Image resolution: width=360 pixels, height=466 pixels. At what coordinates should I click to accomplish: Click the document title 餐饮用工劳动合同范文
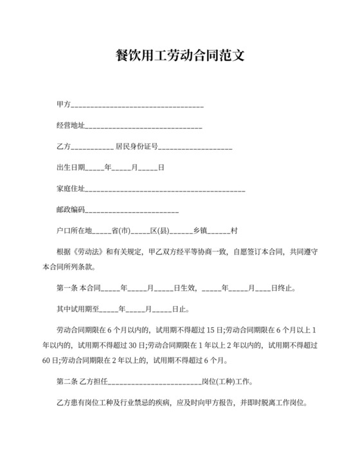coord(179,56)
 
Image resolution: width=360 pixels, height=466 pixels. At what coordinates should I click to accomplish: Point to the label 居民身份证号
coord(136,147)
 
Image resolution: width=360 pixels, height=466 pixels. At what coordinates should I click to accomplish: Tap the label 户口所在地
coord(75,231)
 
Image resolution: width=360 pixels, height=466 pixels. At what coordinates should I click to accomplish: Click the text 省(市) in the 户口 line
coord(121,231)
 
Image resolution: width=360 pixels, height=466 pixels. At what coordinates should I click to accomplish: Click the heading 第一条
coord(67,288)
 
